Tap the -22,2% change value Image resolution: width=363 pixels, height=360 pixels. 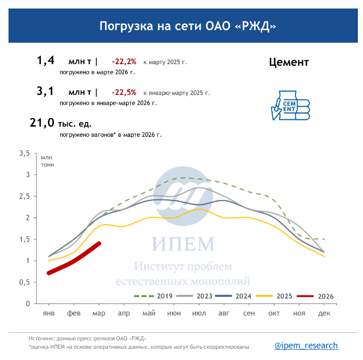click(x=124, y=61)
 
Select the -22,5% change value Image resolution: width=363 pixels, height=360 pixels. click(x=124, y=92)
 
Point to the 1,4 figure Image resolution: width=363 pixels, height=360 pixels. click(x=45, y=60)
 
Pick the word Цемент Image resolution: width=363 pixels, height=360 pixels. click(x=289, y=62)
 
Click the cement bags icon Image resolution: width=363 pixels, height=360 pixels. click(x=290, y=104)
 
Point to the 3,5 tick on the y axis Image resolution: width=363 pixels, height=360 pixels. click(x=24, y=153)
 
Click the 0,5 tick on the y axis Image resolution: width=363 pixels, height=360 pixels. click(x=24, y=282)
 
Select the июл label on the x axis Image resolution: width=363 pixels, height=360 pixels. click(x=199, y=313)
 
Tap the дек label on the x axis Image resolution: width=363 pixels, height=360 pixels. click(x=324, y=313)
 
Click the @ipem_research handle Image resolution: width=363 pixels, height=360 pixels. click(x=306, y=345)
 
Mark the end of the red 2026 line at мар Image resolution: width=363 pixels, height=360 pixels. click(x=99, y=244)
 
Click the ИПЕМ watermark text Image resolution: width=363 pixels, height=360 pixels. click(x=183, y=244)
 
